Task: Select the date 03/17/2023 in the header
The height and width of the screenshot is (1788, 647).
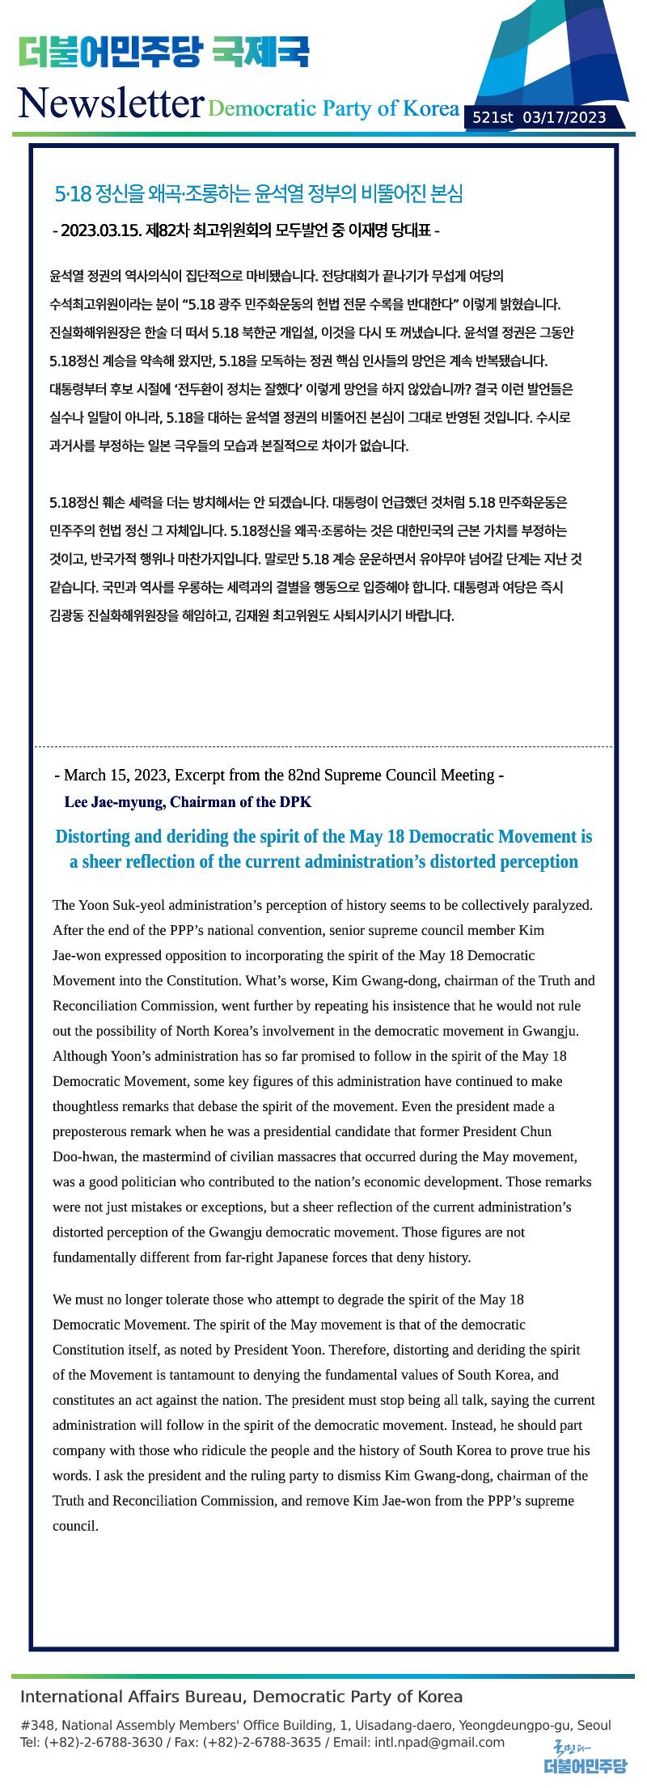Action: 565,118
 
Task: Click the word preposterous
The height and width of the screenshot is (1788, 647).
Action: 91,1131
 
